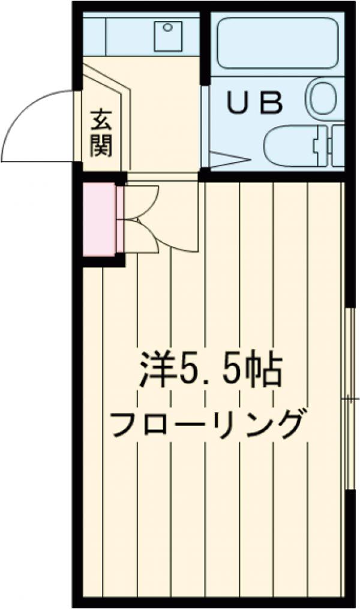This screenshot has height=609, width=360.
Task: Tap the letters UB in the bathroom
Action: [254, 103]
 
